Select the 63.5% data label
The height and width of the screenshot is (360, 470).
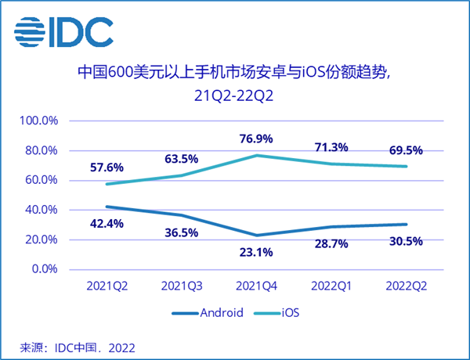[x=182, y=159]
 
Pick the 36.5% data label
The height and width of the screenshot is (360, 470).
[x=182, y=232]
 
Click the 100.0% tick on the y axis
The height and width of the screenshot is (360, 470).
[x=41, y=121]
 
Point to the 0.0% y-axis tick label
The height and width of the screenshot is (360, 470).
[x=45, y=269]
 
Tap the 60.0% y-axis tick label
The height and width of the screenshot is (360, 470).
[x=43, y=180]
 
